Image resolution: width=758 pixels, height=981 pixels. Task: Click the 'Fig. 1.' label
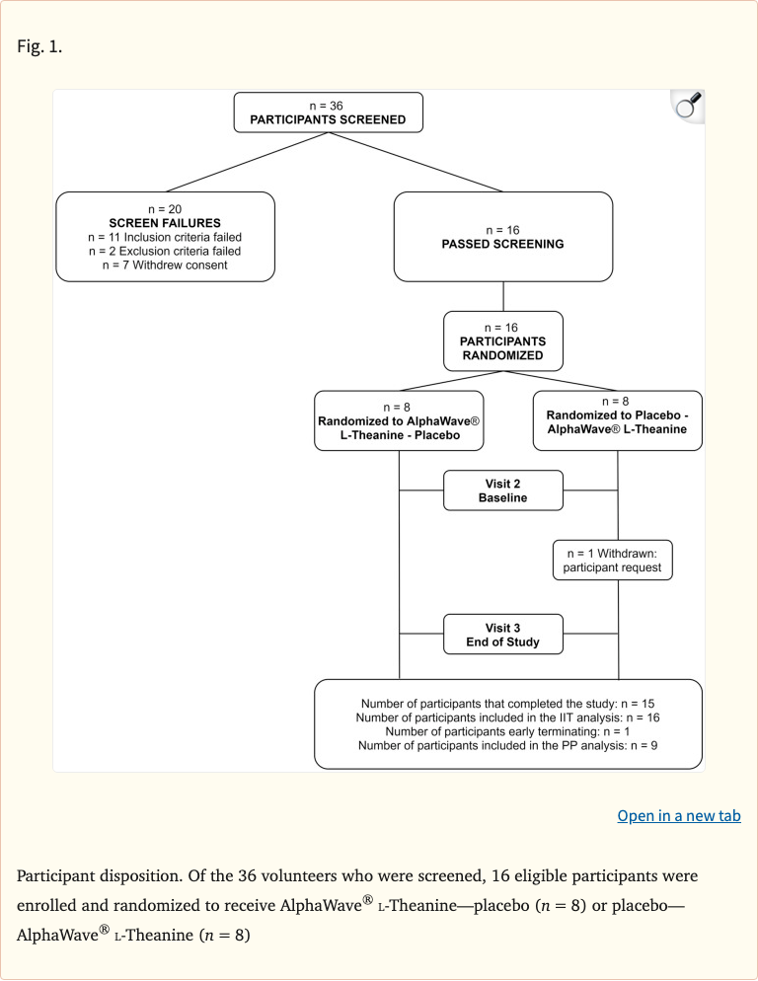[x=39, y=45]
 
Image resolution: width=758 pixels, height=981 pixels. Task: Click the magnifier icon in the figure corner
[x=687, y=106]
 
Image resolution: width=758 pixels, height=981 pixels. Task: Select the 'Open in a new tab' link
[x=678, y=815]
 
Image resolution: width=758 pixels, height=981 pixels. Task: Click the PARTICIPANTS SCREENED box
[x=328, y=113]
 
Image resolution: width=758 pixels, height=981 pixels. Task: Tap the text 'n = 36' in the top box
[x=328, y=105]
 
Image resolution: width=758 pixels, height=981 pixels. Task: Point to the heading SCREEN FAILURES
[x=165, y=223]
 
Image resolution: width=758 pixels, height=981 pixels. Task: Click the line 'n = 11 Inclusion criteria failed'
[x=165, y=237]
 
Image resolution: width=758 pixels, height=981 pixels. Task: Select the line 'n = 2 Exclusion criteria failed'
[x=165, y=251]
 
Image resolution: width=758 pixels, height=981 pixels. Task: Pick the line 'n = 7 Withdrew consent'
[x=165, y=264]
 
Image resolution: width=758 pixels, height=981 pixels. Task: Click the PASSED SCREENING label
[x=503, y=244]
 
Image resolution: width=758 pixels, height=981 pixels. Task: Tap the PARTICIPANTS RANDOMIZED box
[x=503, y=340]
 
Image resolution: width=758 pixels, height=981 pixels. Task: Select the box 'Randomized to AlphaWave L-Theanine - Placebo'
[x=398, y=420]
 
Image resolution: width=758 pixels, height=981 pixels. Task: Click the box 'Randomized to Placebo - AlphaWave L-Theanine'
[x=617, y=420]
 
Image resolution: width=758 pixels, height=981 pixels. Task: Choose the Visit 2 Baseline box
[x=503, y=490]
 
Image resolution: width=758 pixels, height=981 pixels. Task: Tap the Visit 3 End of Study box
[x=503, y=635]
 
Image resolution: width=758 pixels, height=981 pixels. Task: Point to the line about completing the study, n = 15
[x=508, y=703]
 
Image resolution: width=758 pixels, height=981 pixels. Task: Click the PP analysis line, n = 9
[x=508, y=747]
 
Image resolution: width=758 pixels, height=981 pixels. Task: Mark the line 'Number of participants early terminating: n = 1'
[x=508, y=732]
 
